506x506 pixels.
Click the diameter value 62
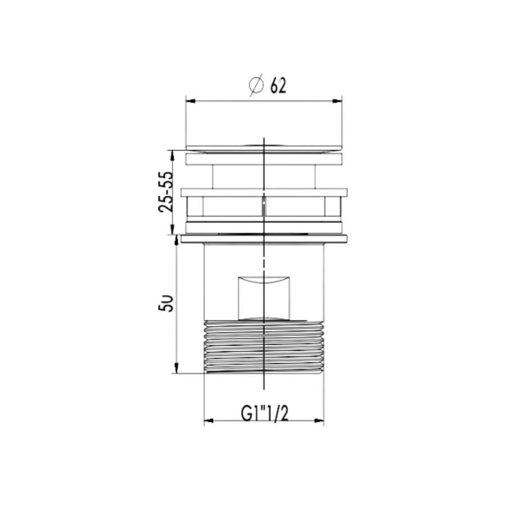278,85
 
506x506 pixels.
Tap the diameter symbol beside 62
256,85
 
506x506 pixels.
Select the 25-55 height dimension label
166,192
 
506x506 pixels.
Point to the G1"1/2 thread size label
265,413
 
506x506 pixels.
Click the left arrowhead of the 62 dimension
191,101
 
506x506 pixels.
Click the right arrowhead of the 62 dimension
337,101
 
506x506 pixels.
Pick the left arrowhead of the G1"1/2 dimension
209,421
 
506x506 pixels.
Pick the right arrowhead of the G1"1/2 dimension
319,421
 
